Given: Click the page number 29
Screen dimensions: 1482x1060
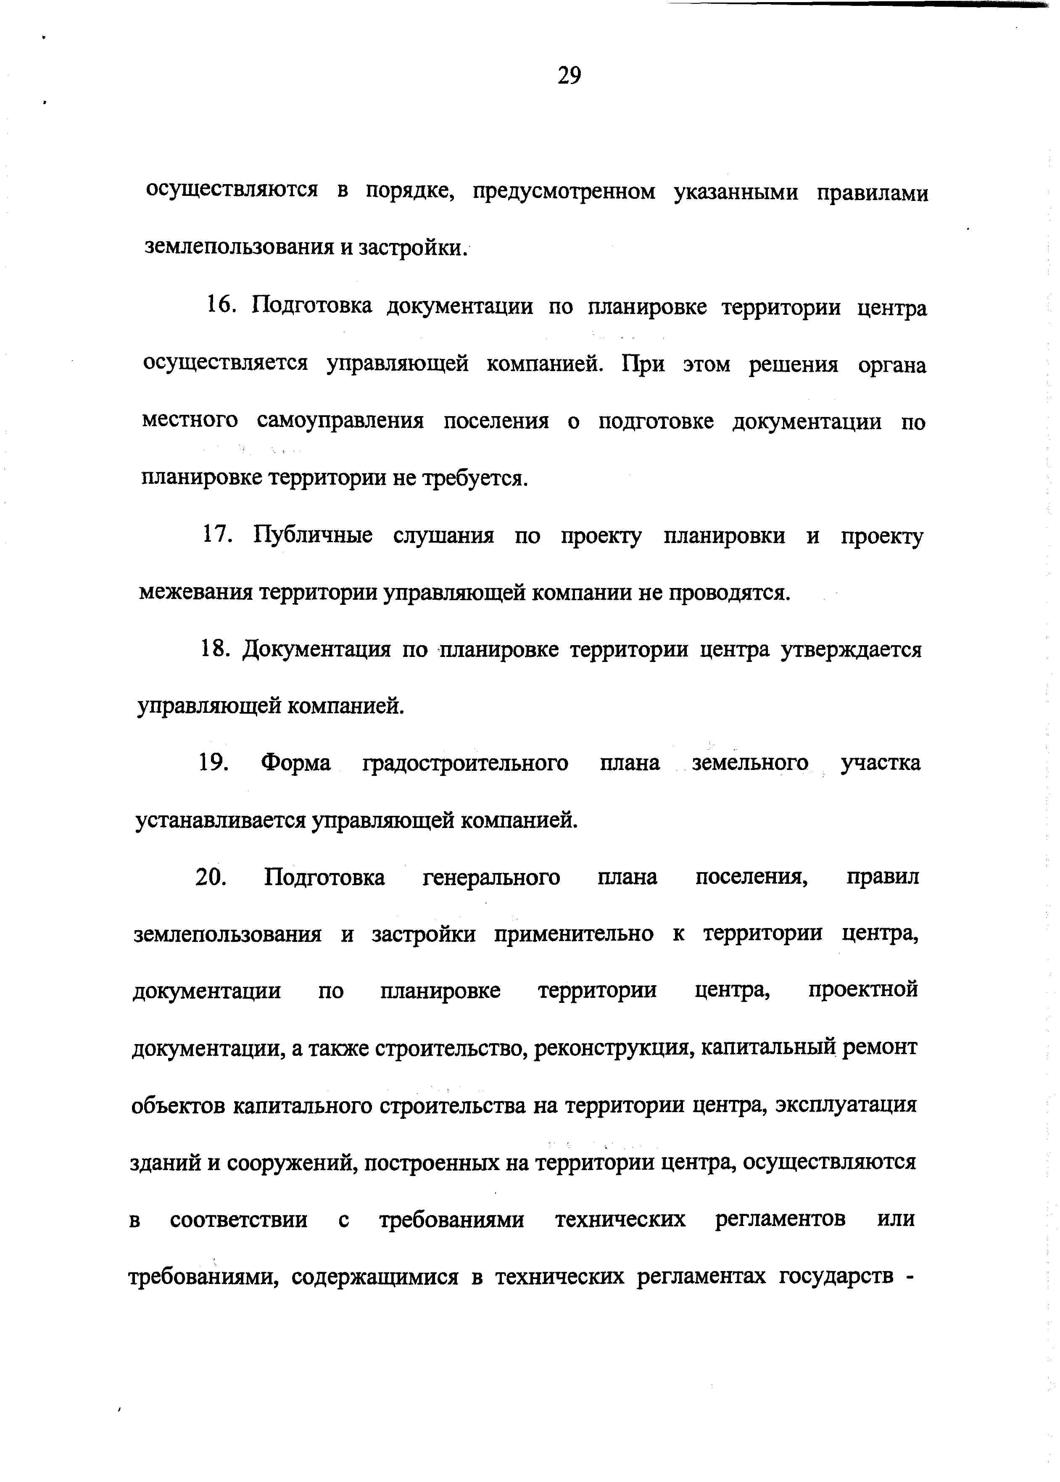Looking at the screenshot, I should [x=569, y=76].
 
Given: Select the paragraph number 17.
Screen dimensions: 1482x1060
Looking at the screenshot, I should [x=217, y=535].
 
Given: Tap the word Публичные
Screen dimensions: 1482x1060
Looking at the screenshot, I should [x=313, y=536].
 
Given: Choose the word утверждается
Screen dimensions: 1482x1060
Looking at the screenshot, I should [x=851, y=650].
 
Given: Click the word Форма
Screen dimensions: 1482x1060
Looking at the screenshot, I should [x=295, y=763].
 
